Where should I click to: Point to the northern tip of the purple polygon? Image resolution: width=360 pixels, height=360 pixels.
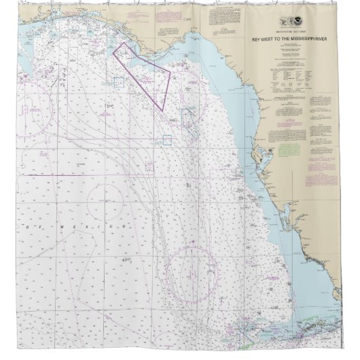[x=124, y=43]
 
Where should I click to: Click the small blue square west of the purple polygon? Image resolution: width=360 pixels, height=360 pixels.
[x=118, y=82]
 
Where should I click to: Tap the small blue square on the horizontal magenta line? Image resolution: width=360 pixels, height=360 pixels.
[x=166, y=140]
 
